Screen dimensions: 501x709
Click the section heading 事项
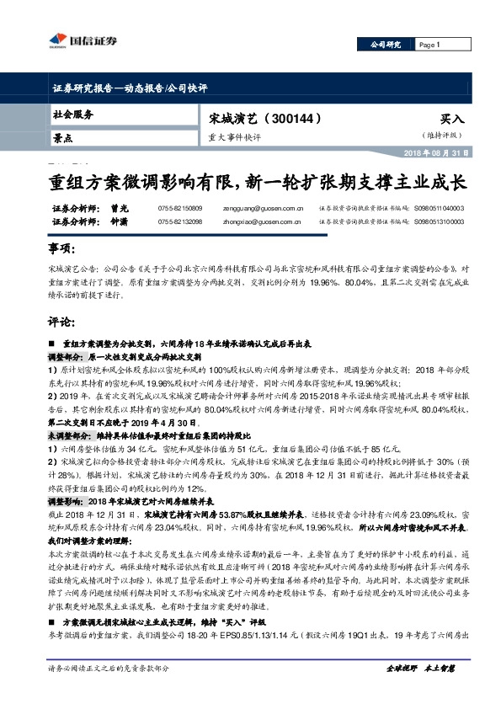[x=62, y=250]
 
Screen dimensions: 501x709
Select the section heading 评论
[x=62, y=322]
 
